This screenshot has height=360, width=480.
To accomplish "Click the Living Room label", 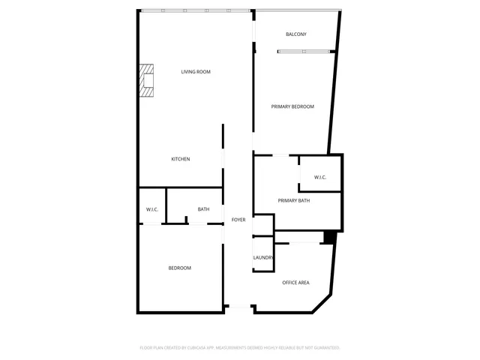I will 195,72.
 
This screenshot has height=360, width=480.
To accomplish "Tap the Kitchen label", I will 180,159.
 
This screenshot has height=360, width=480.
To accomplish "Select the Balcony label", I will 295,34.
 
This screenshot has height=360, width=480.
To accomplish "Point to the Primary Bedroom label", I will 292,106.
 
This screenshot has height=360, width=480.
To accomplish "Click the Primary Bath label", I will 294,200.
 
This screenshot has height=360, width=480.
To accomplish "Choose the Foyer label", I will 238,220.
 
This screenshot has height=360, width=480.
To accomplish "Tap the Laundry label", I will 263,258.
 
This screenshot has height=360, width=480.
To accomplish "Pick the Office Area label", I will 295,283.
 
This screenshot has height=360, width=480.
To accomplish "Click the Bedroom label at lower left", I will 179,268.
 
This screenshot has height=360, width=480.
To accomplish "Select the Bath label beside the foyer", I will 203,209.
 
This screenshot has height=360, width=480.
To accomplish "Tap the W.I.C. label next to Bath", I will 151,209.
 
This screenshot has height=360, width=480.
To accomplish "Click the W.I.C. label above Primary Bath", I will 319,178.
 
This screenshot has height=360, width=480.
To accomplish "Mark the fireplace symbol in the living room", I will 146,80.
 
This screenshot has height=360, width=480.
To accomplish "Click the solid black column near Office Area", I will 328,237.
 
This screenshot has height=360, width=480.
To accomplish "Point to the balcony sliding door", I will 305,51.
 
